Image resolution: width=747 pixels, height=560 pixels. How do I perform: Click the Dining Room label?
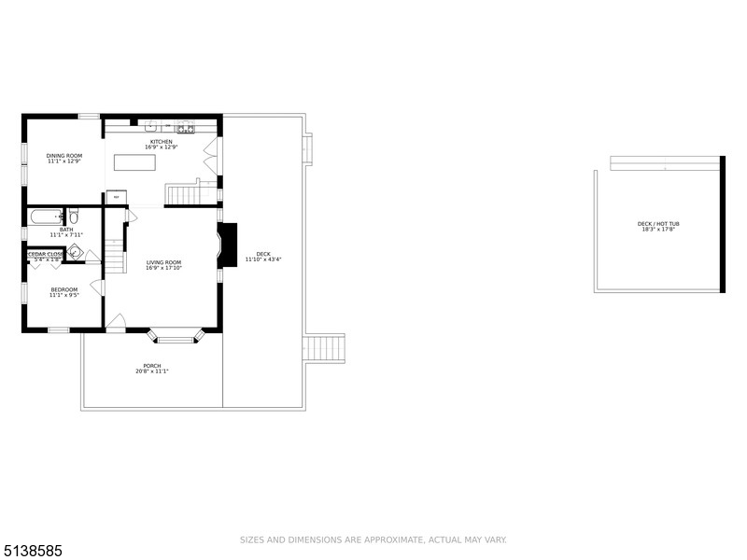64,155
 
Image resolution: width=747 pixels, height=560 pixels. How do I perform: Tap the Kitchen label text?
161,142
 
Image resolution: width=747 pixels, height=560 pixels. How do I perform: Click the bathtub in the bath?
45,217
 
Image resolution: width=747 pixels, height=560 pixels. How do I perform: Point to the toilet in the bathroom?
72,217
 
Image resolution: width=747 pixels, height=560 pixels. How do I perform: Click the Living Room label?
163,262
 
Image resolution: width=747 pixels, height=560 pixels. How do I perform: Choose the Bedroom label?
64,289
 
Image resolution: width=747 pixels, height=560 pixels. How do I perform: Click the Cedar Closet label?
45,254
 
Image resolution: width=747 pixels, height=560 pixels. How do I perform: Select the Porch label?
151,366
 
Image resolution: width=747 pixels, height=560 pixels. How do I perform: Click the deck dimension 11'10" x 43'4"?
263,259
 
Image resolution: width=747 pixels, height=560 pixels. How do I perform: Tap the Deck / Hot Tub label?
658,224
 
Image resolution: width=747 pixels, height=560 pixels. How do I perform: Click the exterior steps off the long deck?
326,348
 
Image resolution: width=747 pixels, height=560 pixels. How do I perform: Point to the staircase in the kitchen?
191,194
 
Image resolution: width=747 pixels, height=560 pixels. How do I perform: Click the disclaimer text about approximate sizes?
373,539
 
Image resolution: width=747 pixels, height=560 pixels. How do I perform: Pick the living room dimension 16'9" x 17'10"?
163,268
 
